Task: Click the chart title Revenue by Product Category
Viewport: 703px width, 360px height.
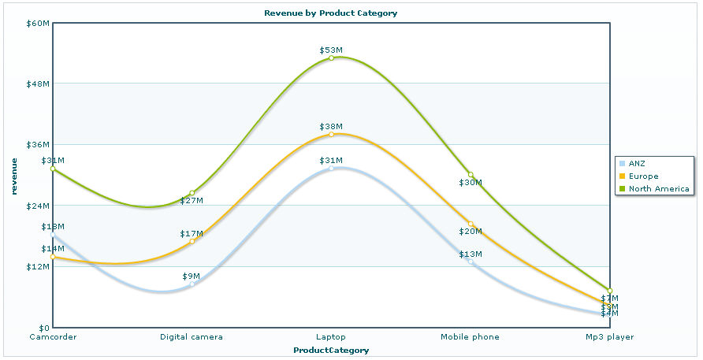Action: tap(330, 13)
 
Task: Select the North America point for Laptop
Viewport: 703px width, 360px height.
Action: tap(331, 58)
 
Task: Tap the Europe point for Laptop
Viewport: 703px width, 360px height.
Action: tap(331, 135)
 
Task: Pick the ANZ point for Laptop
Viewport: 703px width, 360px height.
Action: tap(331, 169)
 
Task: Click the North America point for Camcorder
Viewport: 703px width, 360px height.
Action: tap(53, 169)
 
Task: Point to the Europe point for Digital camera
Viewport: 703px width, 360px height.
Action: tap(192, 241)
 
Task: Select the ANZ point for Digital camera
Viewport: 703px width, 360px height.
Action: tap(192, 284)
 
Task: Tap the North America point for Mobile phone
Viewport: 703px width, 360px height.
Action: tap(471, 175)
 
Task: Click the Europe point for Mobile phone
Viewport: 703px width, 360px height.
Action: tap(471, 225)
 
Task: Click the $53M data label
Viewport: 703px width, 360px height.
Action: tap(331, 50)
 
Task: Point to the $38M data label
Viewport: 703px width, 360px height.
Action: tap(331, 126)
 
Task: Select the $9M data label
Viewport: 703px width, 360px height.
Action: tap(191, 276)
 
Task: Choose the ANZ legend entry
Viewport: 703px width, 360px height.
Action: tap(636, 163)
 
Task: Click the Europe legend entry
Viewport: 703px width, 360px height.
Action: tap(642, 176)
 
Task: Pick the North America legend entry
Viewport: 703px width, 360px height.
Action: tap(658, 188)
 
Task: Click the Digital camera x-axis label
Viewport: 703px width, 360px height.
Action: tap(192, 337)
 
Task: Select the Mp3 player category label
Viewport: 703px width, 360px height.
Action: tap(609, 337)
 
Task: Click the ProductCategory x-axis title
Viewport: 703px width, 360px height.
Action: tap(331, 350)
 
